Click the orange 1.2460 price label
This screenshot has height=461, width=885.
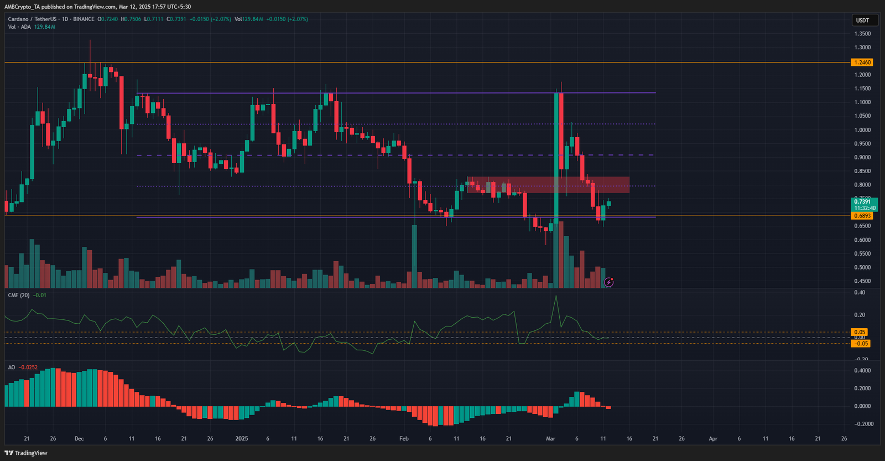click(x=862, y=63)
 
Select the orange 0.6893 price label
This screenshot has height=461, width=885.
click(x=862, y=216)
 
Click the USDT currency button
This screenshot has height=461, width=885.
click(x=862, y=20)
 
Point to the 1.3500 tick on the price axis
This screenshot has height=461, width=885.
click(x=862, y=34)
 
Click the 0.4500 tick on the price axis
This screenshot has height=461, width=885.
click(x=862, y=281)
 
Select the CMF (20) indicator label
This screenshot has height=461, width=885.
click(x=19, y=296)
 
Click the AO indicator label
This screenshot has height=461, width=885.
click(x=11, y=367)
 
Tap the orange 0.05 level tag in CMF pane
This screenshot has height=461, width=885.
click(x=860, y=332)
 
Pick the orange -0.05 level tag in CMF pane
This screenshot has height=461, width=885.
click(x=861, y=344)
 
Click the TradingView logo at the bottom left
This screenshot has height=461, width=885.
click(x=26, y=453)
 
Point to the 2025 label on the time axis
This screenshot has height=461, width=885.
click(x=242, y=438)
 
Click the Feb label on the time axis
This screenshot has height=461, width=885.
click(x=404, y=438)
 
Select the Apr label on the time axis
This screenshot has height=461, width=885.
click(x=713, y=438)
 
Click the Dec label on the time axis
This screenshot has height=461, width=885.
click(x=79, y=438)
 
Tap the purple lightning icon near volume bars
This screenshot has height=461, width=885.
click(x=608, y=282)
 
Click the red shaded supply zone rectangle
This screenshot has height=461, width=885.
click(x=548, y=185)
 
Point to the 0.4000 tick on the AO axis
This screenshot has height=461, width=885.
click(x=862, y=371)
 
